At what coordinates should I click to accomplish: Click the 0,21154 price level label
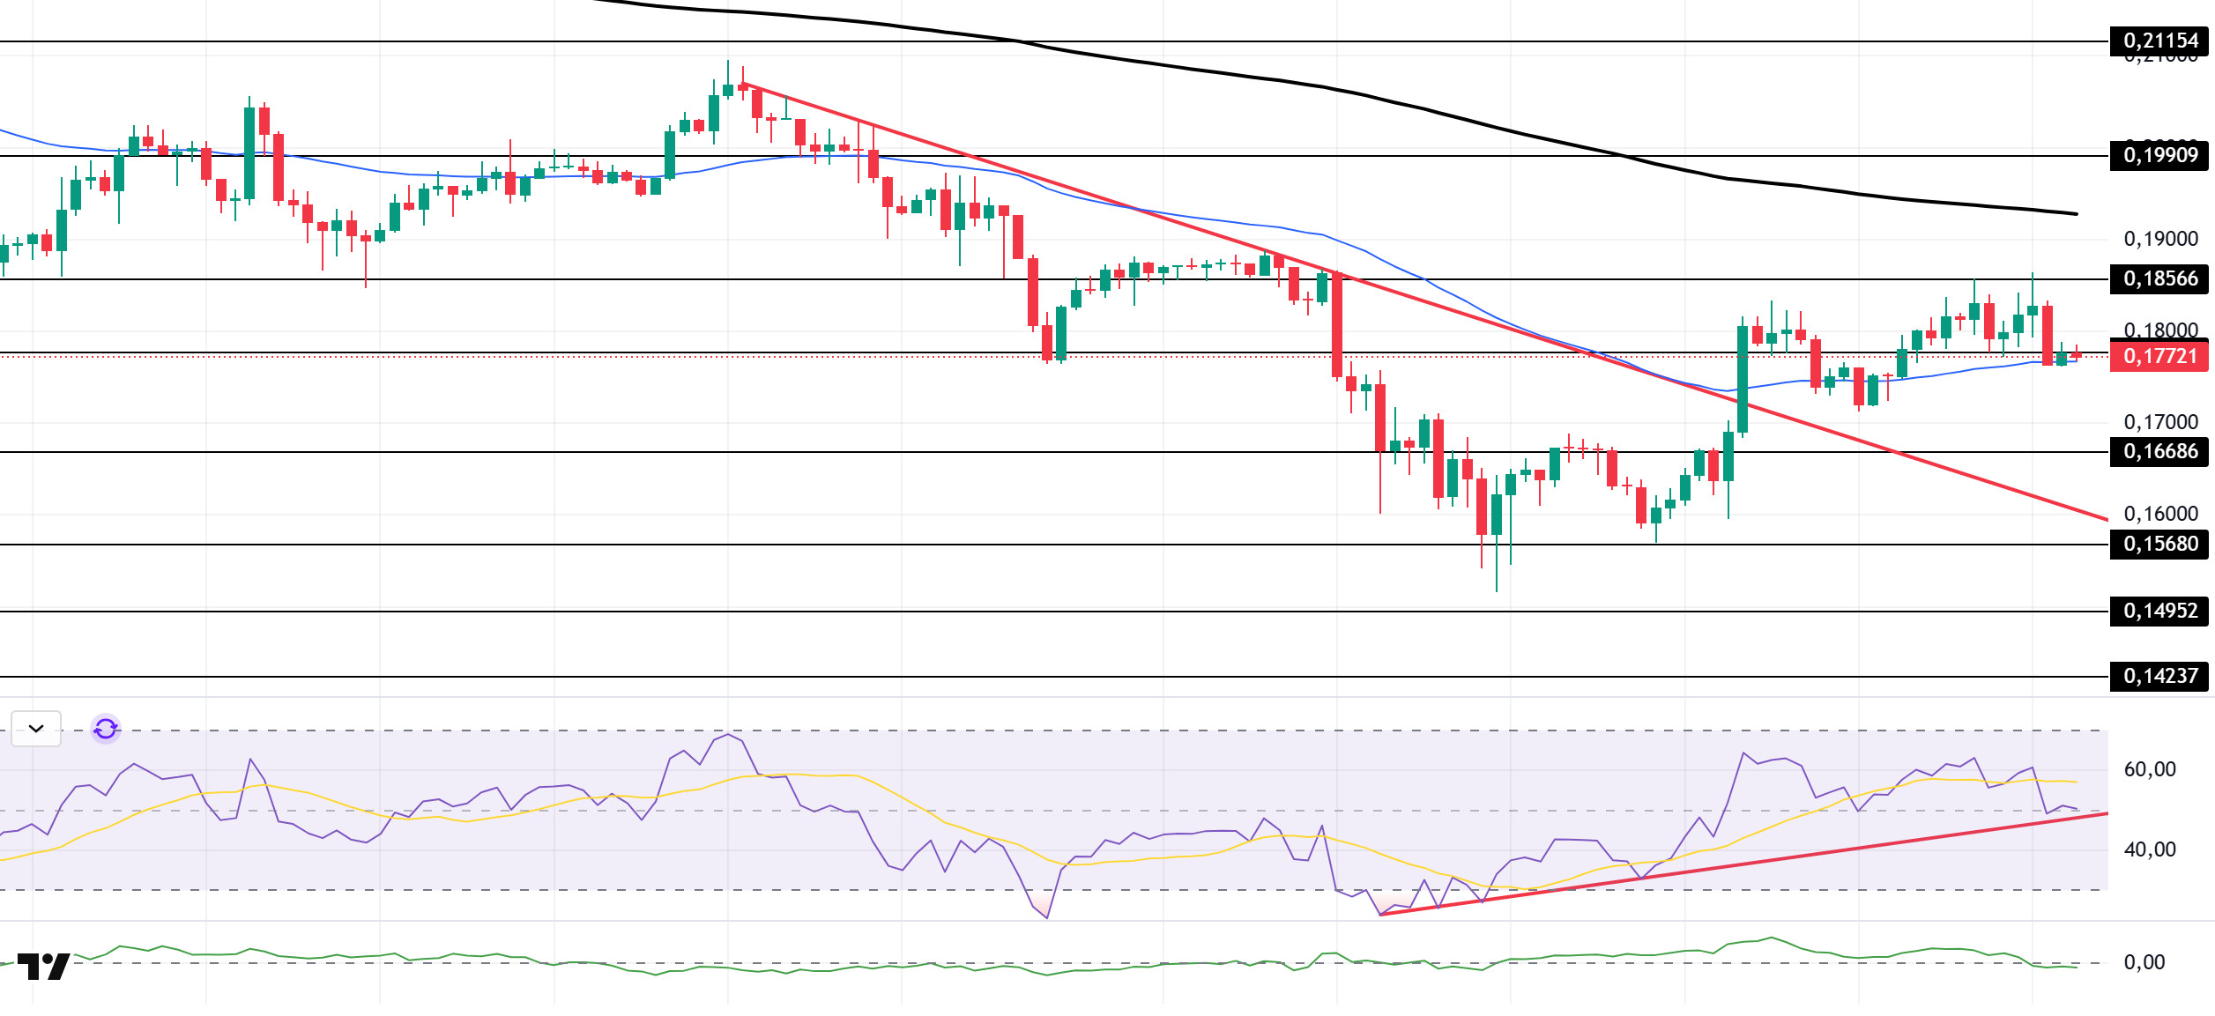[2159, 41]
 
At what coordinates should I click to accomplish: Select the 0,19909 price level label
[2159, 156]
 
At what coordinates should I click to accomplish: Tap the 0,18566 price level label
[2159, 279]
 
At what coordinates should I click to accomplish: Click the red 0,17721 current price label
[2159, 356]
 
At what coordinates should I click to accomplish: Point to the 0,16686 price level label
[2159, 452]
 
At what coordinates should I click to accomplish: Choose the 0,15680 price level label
[2159, 544]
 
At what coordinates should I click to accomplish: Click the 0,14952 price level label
[2159, 611]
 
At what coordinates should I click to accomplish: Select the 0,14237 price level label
[2159, 676]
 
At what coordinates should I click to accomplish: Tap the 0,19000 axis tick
[2160, 239]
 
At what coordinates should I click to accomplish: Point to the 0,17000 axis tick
[2160, 422]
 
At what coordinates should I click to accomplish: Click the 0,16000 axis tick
[2160, 514]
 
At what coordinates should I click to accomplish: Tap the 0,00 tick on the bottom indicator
[2144, 962]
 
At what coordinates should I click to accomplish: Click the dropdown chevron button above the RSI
[36, 729]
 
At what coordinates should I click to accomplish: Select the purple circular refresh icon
[106, 729]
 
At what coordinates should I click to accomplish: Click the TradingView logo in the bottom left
[43, 967]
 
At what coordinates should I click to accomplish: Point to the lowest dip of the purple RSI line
[1046, 918]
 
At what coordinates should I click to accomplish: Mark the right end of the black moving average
[2077, 214]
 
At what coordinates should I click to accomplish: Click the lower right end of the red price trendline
[2107, 519]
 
